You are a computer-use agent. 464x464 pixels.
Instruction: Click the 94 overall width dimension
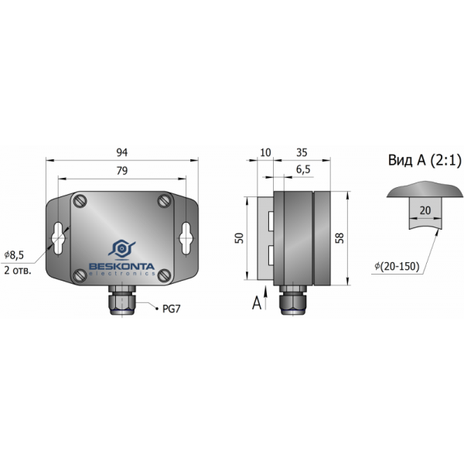click(x=122, y=152)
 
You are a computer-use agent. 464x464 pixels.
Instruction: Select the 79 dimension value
click(x=122, y=171)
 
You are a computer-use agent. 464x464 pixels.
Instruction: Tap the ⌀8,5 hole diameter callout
click(x=14, y=254)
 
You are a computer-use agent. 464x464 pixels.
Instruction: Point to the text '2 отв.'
click(x=18, y=270)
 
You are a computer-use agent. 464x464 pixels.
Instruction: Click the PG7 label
click(x=172, y=309)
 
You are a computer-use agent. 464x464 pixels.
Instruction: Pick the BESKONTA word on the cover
click(x=122, y=266)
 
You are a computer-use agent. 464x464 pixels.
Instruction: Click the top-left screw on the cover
click(x=80, y=201)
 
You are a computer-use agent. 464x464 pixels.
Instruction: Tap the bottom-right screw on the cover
click(x=164, y=275)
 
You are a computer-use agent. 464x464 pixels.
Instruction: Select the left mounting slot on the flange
click(x=58, y=238)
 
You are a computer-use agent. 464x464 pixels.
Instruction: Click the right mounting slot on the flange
click(x=186, y=238)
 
